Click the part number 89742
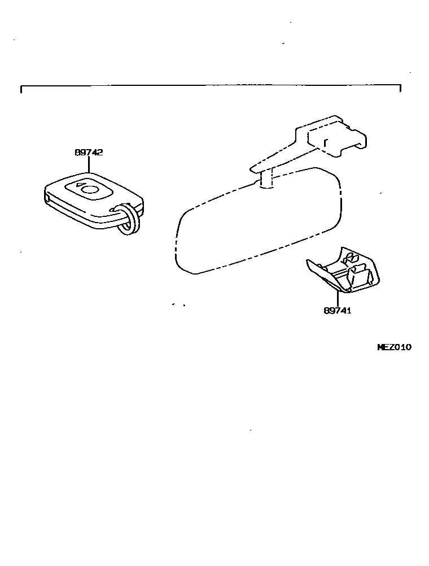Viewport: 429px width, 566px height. pos(89,153)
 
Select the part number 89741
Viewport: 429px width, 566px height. pos(338,310)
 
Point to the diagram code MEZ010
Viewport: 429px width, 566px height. pos(394,347)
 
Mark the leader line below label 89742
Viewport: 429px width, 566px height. pos(89,163)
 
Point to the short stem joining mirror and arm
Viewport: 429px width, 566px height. pos(266,180)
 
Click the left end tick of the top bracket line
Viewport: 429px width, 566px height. pos(21,90)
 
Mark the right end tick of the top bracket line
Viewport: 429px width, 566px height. pos(400,88)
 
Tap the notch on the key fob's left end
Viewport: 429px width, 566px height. pos(46,197)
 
